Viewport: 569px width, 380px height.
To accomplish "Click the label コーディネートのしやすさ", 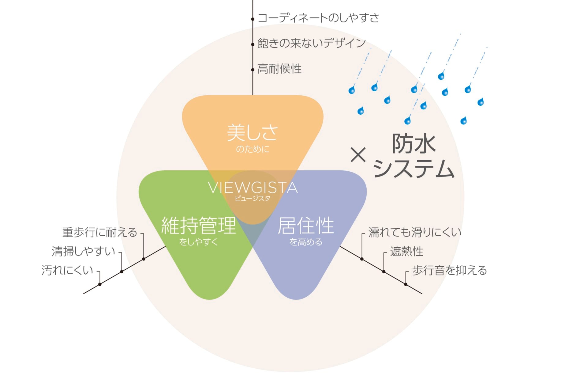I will point(318,18).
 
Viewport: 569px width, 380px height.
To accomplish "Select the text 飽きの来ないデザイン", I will point(312,43).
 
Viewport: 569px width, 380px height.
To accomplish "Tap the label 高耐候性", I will point(279,69).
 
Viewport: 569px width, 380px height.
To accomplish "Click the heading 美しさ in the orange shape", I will point(253,132).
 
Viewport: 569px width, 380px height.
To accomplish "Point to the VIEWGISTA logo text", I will point(253,188).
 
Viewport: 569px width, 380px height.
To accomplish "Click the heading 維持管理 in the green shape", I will point(198,226).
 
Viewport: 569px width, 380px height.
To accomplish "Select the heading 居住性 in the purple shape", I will point(306,226).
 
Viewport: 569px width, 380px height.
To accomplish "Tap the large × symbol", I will point(358,155).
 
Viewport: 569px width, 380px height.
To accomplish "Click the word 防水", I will point(414,143).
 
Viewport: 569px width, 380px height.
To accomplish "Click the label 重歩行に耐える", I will point(99,232).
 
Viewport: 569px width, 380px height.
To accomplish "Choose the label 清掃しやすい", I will point(83,251).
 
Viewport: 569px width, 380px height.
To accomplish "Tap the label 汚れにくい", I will point(67,270).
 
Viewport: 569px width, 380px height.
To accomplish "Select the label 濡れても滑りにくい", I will point(415,232).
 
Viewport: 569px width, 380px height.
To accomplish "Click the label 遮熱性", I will point(406,251).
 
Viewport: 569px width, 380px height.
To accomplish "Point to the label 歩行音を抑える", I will point(449,270).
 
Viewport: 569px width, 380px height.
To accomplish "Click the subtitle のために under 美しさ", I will point(253,149).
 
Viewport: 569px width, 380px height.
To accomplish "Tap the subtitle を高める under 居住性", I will point(306,242).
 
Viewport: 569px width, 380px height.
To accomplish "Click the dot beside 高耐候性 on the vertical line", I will point(253,70).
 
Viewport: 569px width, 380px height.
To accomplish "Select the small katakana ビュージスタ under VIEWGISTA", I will point(253,199).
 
